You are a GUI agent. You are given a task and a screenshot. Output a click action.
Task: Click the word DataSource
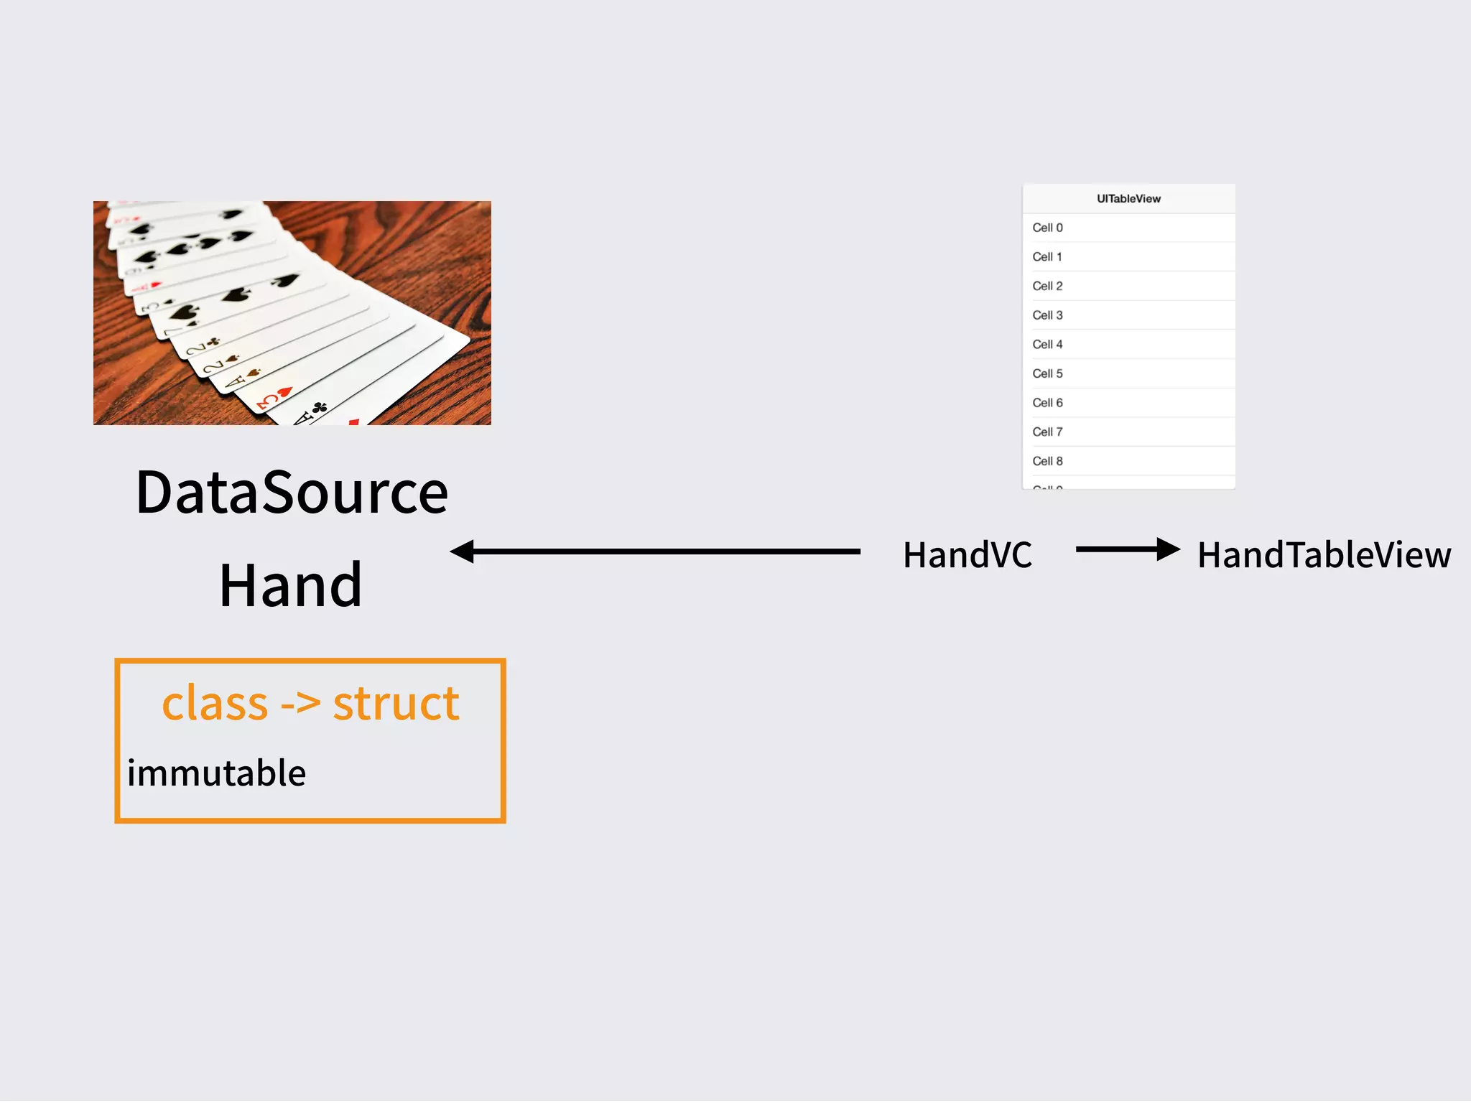pos(292,493)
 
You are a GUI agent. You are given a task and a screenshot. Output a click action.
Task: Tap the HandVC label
pos(967,555)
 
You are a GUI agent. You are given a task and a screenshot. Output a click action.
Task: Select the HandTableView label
pos(1324,555)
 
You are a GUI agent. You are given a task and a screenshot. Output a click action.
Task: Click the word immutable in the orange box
pos(216,773)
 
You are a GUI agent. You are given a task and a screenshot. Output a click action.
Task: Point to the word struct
pos(396,703)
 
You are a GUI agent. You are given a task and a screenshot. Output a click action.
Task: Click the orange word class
pos(214,703)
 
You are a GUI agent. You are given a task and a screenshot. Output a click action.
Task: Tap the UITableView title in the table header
pos(1128,199)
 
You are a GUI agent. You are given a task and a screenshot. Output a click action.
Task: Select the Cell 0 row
pos(1128,228)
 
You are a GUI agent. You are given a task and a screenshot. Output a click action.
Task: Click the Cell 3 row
pos(1128,315)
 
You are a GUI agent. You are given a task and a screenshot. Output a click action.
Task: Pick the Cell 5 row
pos(1128,373)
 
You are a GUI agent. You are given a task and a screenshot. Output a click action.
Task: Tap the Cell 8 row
pos(1128,461)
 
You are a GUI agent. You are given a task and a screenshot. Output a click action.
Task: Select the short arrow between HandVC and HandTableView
pos(1127,550)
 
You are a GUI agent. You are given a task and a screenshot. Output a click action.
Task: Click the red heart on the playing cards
pos(284,392)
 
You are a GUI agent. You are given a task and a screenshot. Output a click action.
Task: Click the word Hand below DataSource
pos(291,585)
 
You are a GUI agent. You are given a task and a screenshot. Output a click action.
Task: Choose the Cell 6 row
pos(1128,403)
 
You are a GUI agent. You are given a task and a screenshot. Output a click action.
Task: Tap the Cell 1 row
pos(1128,257)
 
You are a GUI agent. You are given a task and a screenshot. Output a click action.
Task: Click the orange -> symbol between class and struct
pos(300,704)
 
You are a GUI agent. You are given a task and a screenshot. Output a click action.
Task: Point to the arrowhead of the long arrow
pos(463,551)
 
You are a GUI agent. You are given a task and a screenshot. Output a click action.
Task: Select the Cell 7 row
pos(1128,432)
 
